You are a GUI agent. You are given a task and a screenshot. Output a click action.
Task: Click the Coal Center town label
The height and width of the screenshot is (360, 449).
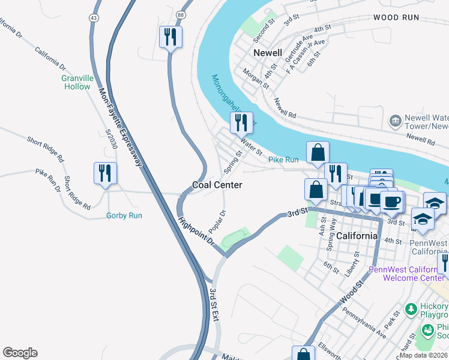tap(217, 185)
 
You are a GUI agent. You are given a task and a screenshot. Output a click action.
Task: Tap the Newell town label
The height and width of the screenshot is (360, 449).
tap(267, 53)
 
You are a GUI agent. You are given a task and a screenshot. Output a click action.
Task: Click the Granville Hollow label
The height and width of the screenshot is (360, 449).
tap(77, 82)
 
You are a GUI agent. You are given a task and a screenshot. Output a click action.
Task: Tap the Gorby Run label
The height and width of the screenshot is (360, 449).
tap(124, 215)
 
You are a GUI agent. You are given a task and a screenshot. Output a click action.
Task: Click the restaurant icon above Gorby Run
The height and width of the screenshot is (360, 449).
tap(106, 173)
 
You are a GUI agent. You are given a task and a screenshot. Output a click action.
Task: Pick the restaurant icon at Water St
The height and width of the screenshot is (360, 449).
tap(241, 123)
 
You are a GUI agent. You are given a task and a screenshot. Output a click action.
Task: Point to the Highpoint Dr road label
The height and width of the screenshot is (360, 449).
tap(196, 230)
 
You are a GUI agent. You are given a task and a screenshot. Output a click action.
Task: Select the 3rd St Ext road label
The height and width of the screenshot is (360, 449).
tap(213, 305)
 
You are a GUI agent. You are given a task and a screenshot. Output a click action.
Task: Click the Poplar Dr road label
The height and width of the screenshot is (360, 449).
tap(217, 222)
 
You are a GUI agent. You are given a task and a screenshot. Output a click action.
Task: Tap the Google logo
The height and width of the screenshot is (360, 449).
tap(20, 353)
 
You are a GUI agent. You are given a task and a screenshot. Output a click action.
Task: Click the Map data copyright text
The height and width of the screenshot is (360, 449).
tap(423, 355)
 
